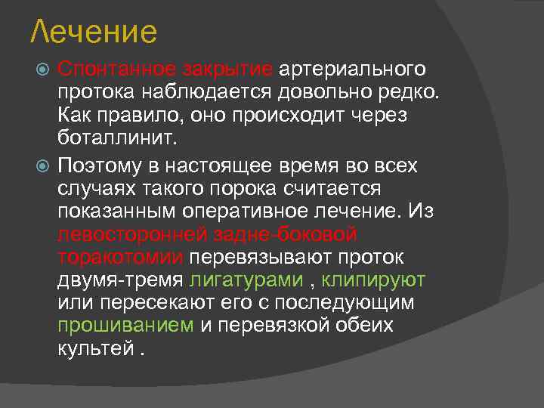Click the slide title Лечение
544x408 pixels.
point(94,32)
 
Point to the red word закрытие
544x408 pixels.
point(227,70)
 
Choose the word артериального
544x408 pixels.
point(353,70)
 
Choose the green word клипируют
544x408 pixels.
point(374,280)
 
